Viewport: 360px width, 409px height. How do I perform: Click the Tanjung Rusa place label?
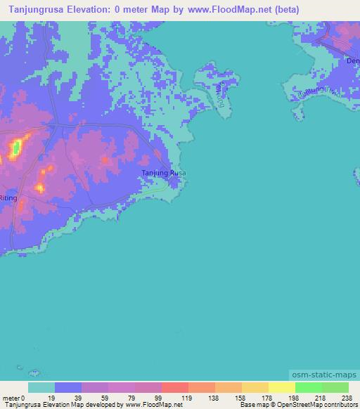pos(164,173)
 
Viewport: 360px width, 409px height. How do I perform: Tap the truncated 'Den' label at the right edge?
pos(352,61)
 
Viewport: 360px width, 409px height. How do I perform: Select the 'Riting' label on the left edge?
pos(8,199)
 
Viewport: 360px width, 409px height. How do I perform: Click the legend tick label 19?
pos(56,397)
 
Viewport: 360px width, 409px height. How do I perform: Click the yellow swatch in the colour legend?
pos(281,387)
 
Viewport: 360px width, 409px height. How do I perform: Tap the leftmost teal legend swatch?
pos(41,387)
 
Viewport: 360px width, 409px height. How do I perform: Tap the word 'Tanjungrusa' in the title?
pos(30,10)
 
